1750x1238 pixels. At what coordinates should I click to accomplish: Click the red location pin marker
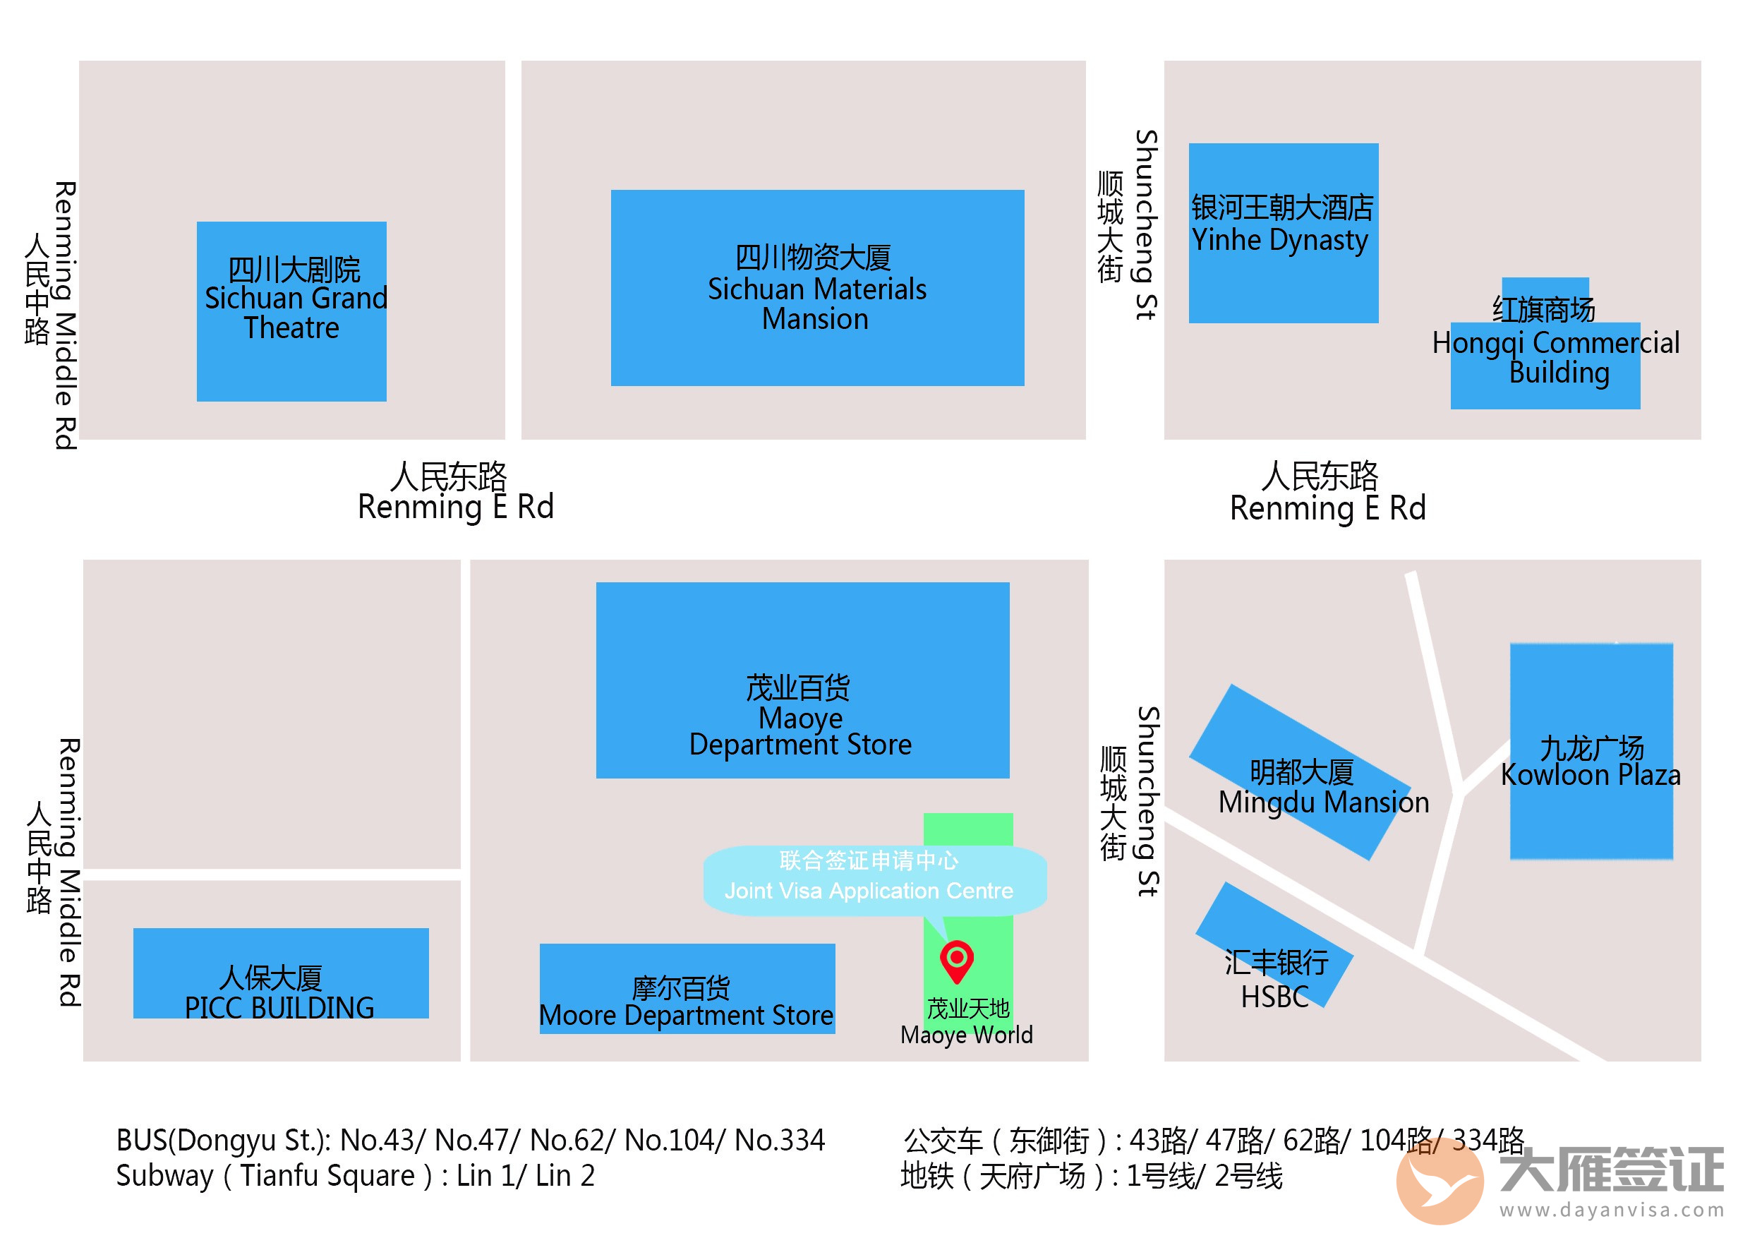pos(957,959)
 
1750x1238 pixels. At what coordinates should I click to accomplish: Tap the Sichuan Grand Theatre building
pos(291,311)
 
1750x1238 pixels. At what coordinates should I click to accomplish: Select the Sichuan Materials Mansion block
pos(817,287)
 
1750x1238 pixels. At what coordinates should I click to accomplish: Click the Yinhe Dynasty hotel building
pos(1283,232)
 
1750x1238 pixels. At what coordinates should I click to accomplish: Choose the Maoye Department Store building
pos(802,680)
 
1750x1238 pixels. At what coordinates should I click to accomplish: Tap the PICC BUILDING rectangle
pos(280,973)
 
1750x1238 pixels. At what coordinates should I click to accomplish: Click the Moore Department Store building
pos(687,989)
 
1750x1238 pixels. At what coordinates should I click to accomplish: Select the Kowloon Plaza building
pos(1591,751)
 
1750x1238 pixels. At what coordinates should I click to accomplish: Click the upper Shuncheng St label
pos(1145,225)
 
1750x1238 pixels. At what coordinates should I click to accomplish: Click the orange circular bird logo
pos(1440,1179)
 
